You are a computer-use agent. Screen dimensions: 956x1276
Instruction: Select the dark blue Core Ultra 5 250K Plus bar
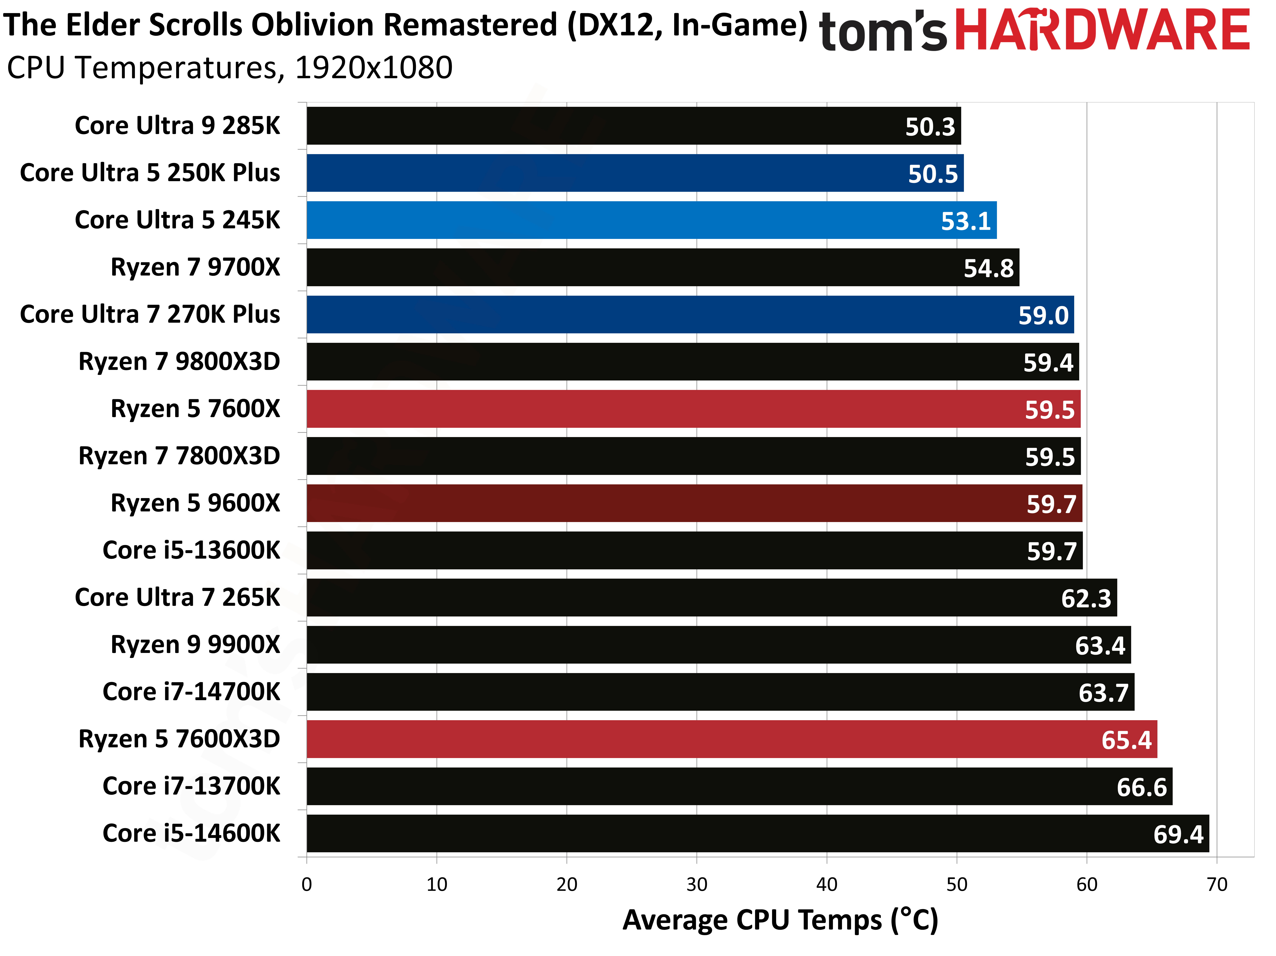click(635, 173)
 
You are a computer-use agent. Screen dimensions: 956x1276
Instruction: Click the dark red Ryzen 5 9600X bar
click(694, 503)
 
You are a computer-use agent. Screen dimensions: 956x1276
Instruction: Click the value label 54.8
click(988, 268)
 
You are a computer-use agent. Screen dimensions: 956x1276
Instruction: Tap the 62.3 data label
click(1086, 598)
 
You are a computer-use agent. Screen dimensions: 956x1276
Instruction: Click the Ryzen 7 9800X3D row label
click(179, 362)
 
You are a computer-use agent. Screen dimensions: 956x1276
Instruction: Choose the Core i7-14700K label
click(191, 692)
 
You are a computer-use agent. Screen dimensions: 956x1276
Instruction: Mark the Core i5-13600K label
click(191, 550)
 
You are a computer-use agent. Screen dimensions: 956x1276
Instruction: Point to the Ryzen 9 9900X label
click(195, 644)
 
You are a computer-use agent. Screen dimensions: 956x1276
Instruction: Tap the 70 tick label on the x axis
click(1217, 884)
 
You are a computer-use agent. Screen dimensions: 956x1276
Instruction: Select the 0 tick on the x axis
click(306, 884)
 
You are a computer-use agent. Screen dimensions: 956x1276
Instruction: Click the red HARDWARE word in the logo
click(1102, 30)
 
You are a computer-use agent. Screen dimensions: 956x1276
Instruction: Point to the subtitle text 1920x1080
click(373, 68)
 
